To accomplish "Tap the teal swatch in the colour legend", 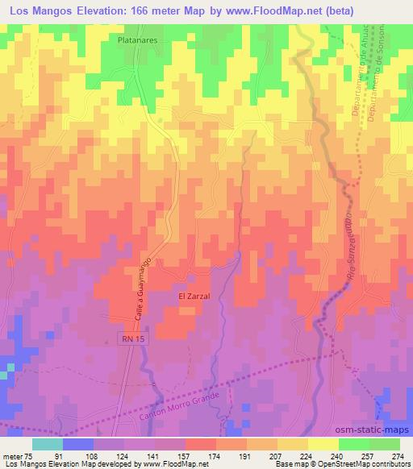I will tap(47, 444).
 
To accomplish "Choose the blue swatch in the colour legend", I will tap(77, 444).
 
